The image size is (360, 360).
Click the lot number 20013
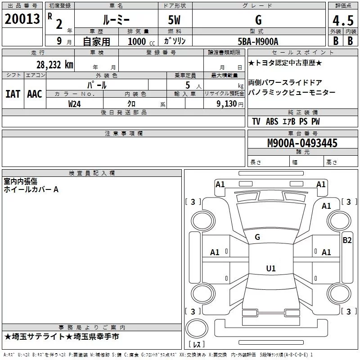point(22,19)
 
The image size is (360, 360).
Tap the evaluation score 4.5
point(343,22)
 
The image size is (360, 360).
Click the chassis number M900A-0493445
point(302,143)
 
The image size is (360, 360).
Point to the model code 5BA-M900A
point(258,41)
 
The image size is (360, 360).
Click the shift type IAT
point(13,94)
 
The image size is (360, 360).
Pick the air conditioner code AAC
point(35,94)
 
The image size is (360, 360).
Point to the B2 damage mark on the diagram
point(347,240)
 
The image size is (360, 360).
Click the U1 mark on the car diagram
point(270,269)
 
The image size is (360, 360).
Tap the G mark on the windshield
point(257,237)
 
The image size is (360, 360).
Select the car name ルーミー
point(116,20)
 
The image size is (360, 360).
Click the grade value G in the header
point(258,21)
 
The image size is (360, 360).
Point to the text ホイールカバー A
point(31,190)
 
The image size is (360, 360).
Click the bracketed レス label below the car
point(197,344)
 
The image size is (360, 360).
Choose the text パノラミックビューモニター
point(292,93)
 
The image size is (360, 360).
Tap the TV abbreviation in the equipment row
point(256,122)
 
